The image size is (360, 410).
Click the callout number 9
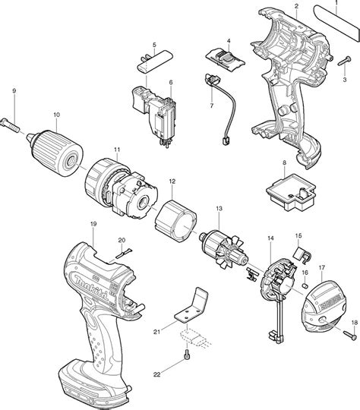pyautogui.click(x=14, y=91)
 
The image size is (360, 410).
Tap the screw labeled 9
pyautogui.click(x=10, y=125)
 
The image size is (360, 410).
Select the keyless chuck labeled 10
pyautogui.click(x=55, y=153)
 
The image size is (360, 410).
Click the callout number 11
pyautogui.click(x=117, y=150)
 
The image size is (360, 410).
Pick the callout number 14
pyautogui.click(x=270, y=238)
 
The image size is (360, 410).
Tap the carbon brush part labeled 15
pyautogui.click(x=302, y=254)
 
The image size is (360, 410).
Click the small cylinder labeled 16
pyautogui.click(x=305, y=285)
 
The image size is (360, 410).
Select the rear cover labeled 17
pyautogui.click(x=325, y=307)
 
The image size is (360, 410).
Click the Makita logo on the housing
pyautogui.click(x=92, y=286)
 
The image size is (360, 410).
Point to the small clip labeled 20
pyautogui.click(x=125, y=254)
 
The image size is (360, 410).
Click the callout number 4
pyautogui.click(x=229, y=40)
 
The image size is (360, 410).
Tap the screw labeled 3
pyautogui.click(x=344, y=61)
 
